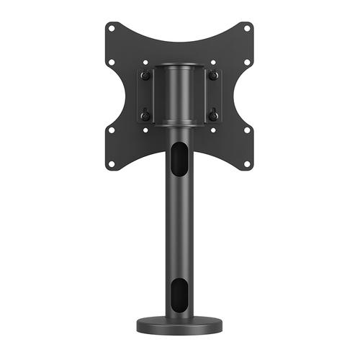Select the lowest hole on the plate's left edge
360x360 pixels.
[111, 163]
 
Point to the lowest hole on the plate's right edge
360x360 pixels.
[246, 163]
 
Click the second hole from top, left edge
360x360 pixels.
[111, 63]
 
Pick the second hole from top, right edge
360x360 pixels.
[247, 63]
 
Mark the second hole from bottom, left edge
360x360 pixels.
[111, 130]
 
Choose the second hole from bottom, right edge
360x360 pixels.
[247, 130]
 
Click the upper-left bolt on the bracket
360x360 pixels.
[145, 76]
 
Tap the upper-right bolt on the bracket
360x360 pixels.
[213, 76]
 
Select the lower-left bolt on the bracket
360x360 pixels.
[145, 115]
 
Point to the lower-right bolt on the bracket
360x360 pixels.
[213, 115]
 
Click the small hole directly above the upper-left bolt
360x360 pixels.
[145, 63]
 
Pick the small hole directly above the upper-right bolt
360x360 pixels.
[213, 63]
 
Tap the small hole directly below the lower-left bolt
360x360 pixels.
[145, 130]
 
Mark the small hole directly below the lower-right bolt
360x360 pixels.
[213, 130]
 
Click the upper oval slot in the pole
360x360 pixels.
[179, 158]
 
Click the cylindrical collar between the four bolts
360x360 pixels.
[179, 94]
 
